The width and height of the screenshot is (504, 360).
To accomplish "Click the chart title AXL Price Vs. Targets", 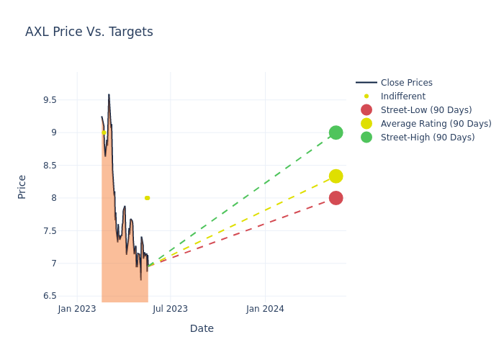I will pos(89,32).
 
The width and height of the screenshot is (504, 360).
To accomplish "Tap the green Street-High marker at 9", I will pos(336,132).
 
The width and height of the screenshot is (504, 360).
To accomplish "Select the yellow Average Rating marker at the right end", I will pos(336,176).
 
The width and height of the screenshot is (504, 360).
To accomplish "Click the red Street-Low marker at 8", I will pos(336,198).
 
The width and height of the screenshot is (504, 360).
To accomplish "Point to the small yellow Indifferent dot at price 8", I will pos(147,198).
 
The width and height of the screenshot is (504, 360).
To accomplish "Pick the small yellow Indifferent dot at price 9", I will pos(104,132).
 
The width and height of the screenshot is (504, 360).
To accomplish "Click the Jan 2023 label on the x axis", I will pos(77,309).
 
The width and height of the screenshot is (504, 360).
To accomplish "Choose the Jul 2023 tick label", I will pos(171,309).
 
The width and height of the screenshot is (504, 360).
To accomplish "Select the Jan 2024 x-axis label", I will pos(265,309).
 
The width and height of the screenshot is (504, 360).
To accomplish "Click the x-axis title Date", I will pos(202,329).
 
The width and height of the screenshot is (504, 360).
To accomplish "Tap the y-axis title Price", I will pos(22,186).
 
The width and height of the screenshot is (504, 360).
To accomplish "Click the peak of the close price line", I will pos(109,94).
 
